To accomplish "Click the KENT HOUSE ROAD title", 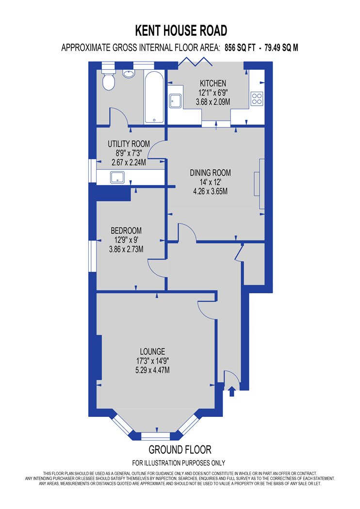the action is click(181, 31).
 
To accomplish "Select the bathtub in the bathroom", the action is click(154, 97).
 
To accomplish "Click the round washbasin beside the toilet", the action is click(129, 74).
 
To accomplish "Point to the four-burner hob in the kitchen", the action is click(257, 98).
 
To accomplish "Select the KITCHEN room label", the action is click(213, 83).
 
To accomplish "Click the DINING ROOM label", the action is click(210, 173).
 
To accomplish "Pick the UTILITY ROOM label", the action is click(129, 143).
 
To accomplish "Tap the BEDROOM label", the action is click(126, 231).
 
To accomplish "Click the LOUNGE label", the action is click(152, 351).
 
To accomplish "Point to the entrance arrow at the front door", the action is click(231, 391).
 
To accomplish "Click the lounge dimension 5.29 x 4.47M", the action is click(152, 370).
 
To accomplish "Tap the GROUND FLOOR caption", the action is click(180, 449).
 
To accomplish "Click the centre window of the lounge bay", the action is click(156, 436).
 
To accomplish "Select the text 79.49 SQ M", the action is click(281, 48).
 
